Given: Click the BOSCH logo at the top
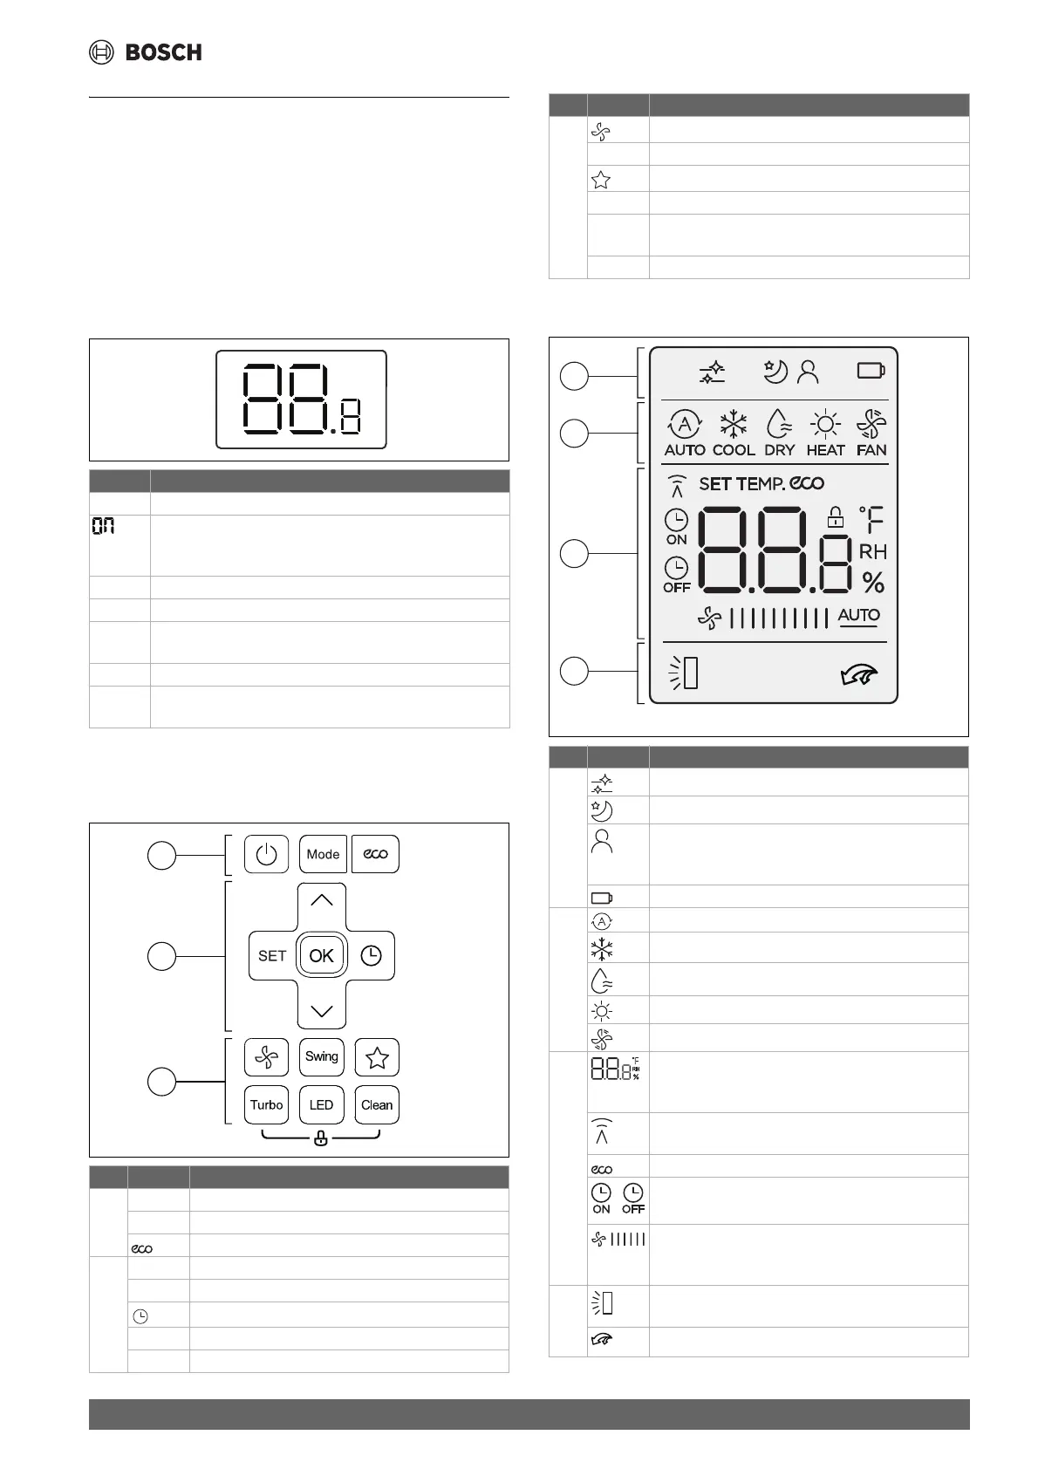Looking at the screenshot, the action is tap(146, 52).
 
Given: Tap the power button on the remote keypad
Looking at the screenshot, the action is tap(266, 854).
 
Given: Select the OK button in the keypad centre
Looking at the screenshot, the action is tap(321, 955).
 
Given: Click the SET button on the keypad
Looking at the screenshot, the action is tap(272, 955).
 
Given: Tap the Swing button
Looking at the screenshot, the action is tap(321, 1056).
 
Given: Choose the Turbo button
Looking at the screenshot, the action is tap(266, 1104).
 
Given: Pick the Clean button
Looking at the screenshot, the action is tap(377, 1104).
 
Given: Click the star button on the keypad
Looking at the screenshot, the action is tap(377, 1057).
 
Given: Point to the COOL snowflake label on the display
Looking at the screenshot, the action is tap(734, 450).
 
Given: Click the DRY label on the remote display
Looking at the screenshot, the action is tap(779, 450).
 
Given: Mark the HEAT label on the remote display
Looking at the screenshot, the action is tap(825, 450).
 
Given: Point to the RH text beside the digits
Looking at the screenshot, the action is tap(872, 551).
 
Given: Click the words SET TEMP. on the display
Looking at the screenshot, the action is tap(742, 483).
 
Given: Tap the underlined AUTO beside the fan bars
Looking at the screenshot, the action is tap(858, 615).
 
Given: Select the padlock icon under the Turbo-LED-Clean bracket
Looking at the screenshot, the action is tap(321, 1138).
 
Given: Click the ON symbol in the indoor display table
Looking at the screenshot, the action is tap(104, 526).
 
